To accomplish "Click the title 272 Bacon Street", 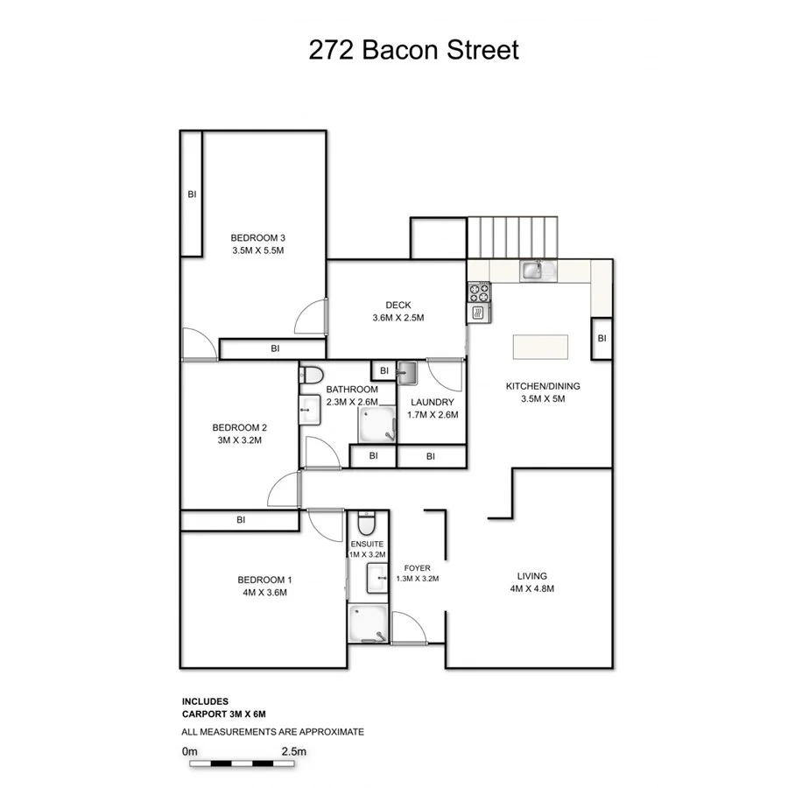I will tap(413, 50).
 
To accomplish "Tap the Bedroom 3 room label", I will tap(258, 238).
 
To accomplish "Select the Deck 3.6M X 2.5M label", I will tap(398, 312).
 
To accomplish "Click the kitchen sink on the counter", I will tap(534, 271).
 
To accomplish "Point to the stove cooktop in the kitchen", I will tap(478, 291).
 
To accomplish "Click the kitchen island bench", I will tap(539, 346).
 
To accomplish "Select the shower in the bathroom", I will tap(376, 426).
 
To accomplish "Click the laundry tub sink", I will tap(408, 374).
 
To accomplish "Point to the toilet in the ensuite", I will tap(366, 526).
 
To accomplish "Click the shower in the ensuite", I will tap(367, 624).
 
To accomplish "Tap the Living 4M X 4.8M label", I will tap(531, 582).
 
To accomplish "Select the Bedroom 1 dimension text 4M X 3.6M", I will tap(264, 593).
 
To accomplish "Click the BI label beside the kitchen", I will tap(602, 339).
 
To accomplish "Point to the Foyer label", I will tap(417, 567).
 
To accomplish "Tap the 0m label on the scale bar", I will tap(190, 751).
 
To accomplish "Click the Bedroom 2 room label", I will tap(240, 427).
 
